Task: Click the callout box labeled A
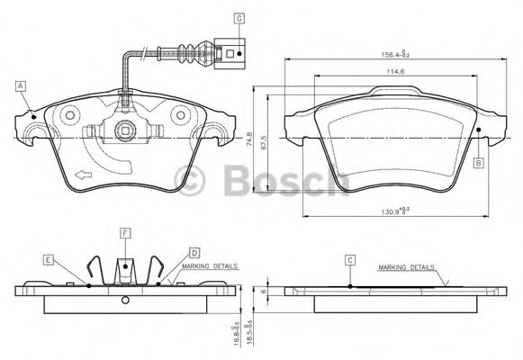(x=20, y=85)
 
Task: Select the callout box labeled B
(x=479, y=162)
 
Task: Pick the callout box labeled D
(x=194, y=253)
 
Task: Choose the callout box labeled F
(x=125, y=233)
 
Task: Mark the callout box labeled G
(x=239, y=18)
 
